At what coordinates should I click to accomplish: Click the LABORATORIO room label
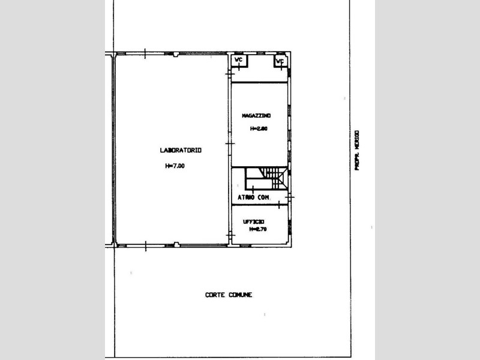[181, 150]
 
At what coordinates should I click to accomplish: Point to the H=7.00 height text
[175, 166]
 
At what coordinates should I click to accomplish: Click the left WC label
[238, 60]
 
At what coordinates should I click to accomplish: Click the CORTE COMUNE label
[229, 295]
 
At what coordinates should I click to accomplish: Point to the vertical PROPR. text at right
[356, 150]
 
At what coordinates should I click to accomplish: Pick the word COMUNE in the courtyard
[240, 295]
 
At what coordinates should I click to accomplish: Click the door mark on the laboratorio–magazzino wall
[229, 143]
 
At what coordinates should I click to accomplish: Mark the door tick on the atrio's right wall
[290, 196]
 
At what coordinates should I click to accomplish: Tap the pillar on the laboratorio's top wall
[175, 55]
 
